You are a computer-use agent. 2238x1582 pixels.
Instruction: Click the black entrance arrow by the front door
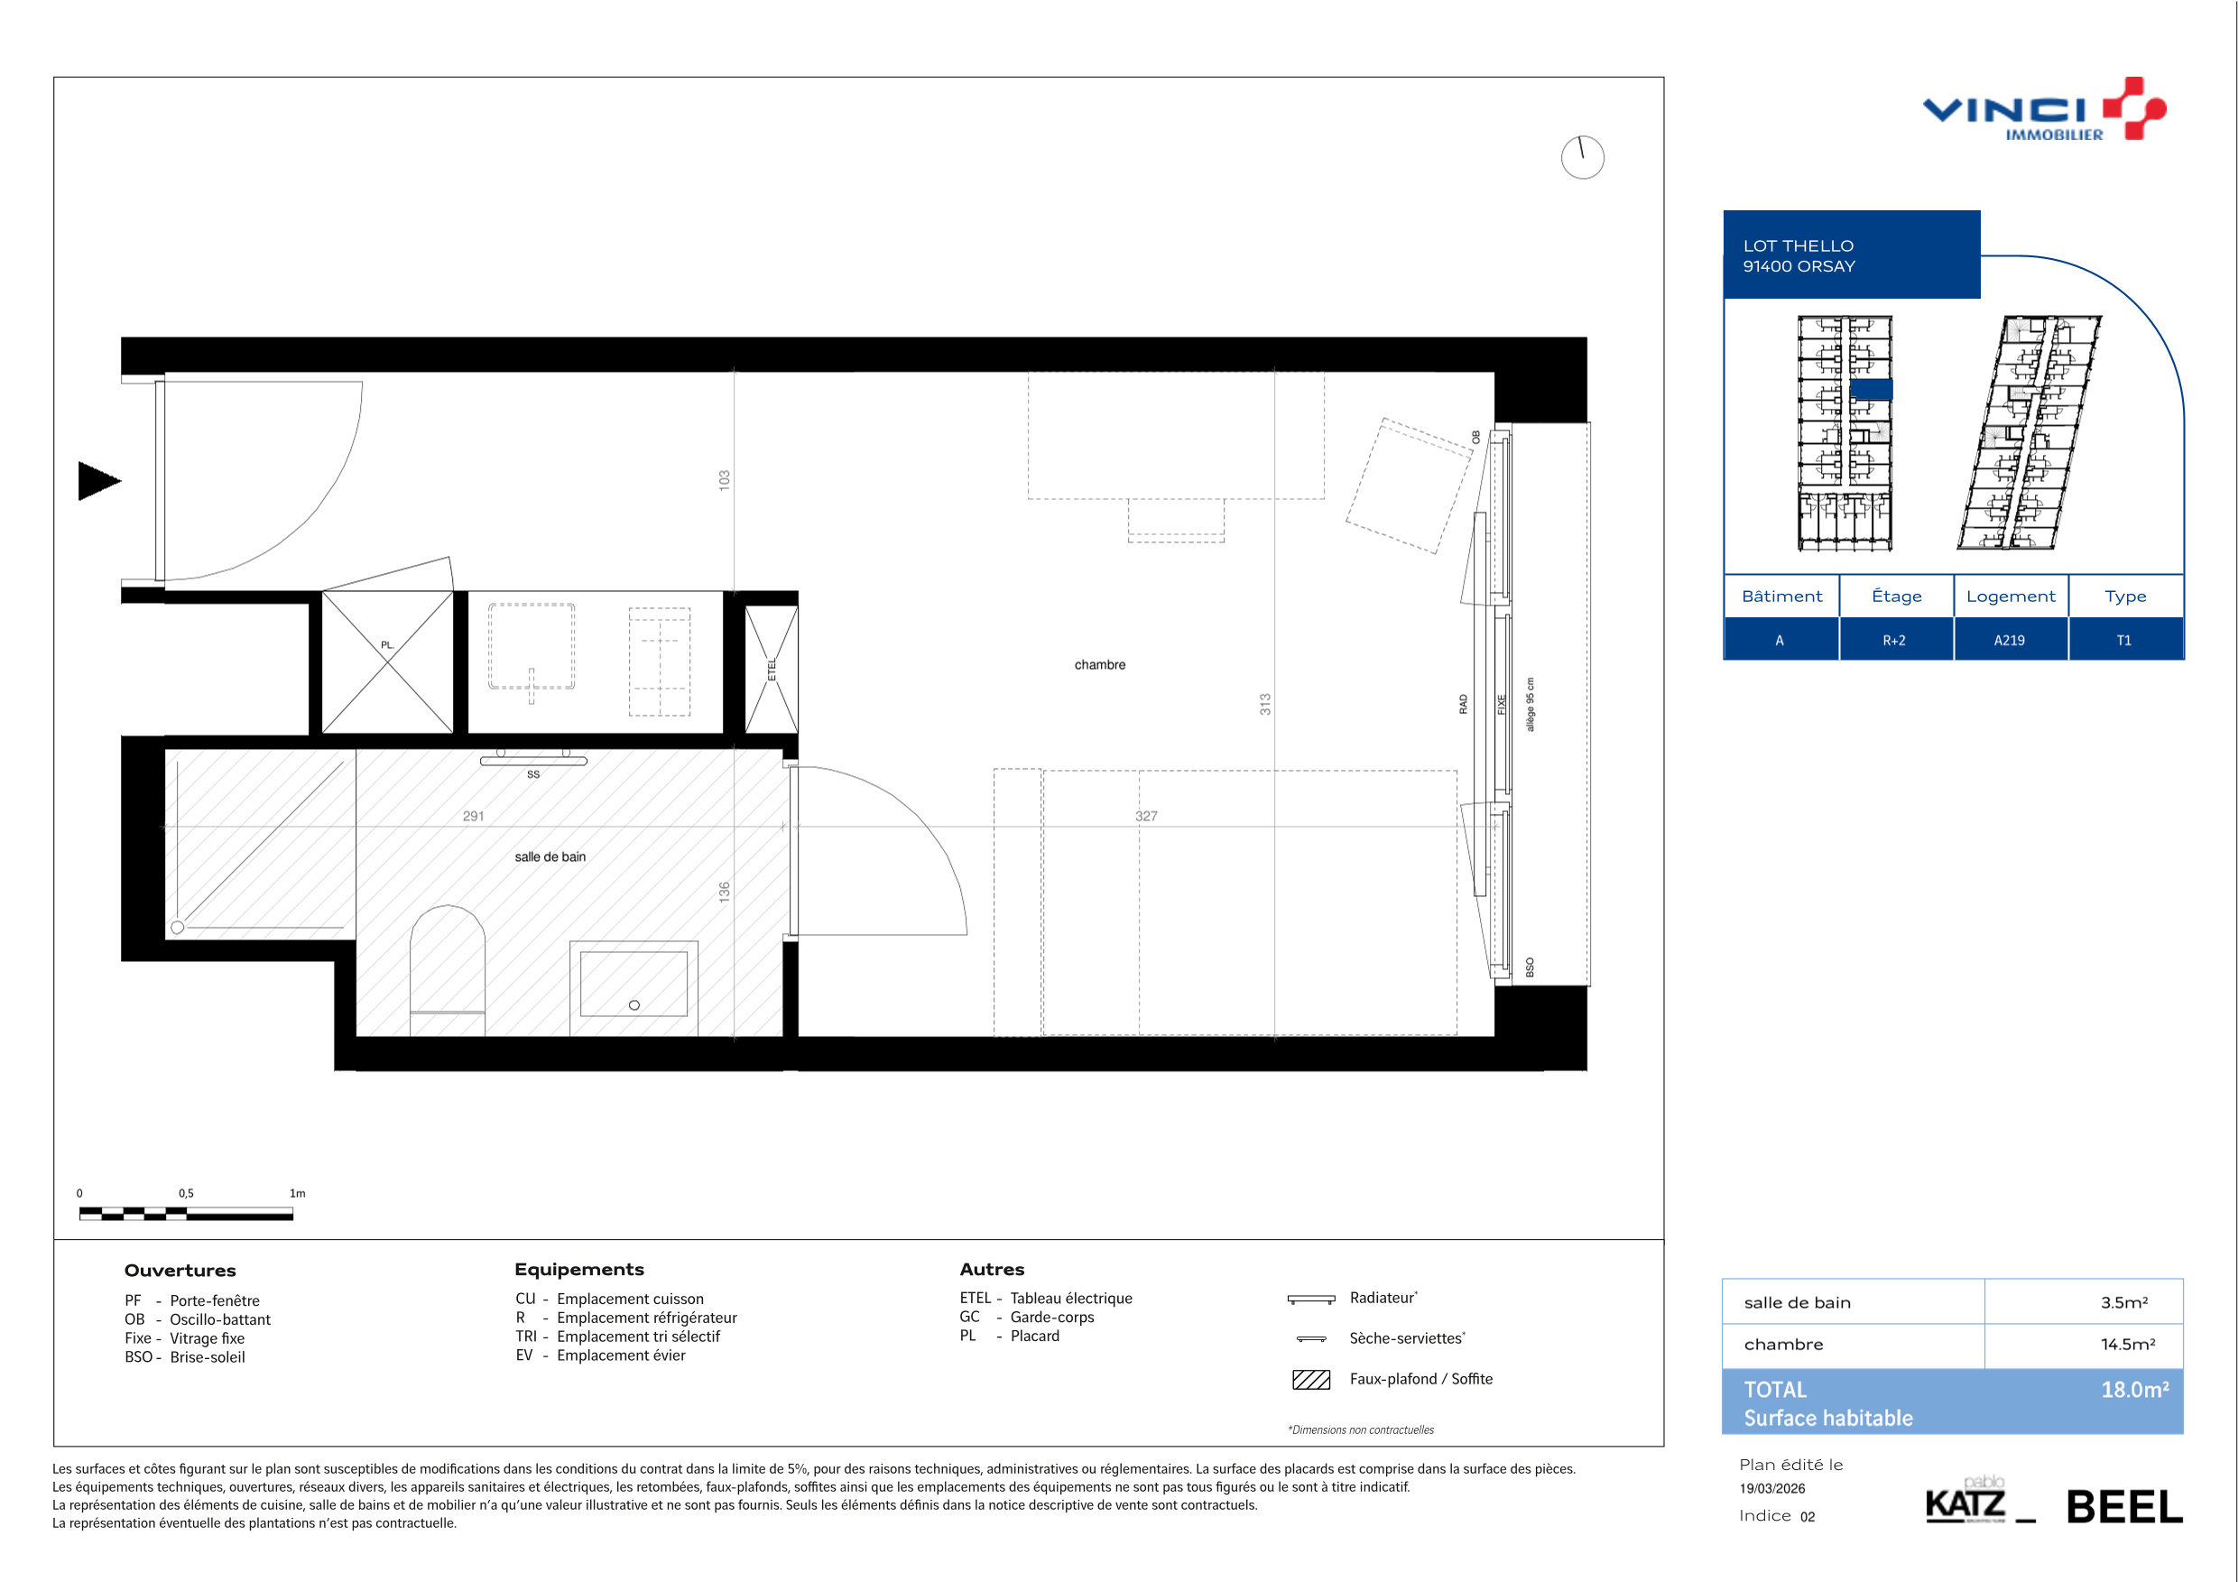pyautogui.click(x=97, y=480)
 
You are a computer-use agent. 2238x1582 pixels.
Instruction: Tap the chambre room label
pyautogui.click(x=1099, y=665)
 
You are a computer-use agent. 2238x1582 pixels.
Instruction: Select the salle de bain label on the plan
pyautogui.click(x=550, y=856)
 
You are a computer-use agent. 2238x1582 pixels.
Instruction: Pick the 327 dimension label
pyautogui.click(x=1146, y=816)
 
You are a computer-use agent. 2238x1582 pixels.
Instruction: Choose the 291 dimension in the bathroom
pyautogui.click(x=473, y=816)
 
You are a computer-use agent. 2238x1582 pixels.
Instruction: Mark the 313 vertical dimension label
pyautogui.click(x=1265, y=704)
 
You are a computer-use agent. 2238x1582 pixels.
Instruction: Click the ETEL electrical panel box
pyautogui.click(x=771, y=669)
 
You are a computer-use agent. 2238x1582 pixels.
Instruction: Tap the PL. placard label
pyautogui.click(x=387, y=644)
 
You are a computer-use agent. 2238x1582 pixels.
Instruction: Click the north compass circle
pyautogui.click(x=1582, y=157)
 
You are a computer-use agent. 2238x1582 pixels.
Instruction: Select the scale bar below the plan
pyautogui.click(x=186, y=1214)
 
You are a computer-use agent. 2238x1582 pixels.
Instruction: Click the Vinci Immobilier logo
pyautogui.click(x=2044, y=109)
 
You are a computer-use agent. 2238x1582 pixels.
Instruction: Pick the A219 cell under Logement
pyautogui.click(x=2009, y=641)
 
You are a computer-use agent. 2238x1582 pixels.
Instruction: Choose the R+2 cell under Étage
pyautogui.click(x=1894, y=641)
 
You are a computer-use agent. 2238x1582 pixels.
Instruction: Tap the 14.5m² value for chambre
pyautogui.click(x=2127, y=1344)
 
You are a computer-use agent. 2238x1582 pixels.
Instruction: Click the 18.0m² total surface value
pyautogui.click(x=2135, y=1389)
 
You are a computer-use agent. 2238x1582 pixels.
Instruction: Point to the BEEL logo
pyautogui.click(x=2124, y=1507)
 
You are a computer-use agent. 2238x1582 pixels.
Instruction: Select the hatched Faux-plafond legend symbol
pyautogui.click(x=1310, y=1379)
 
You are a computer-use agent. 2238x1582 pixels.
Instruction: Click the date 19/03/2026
pyautogui.click(x=1772, y=1488)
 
